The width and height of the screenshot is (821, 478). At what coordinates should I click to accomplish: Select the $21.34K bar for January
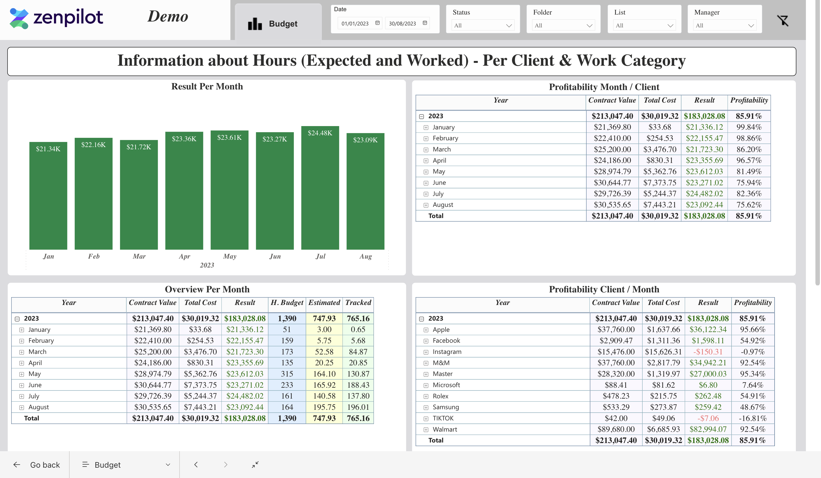point(48,195)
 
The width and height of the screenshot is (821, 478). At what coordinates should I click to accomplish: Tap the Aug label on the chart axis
point(365,256)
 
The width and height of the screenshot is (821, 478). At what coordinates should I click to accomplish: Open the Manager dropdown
point(724,25)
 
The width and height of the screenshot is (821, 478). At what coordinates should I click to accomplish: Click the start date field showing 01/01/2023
point(355,23)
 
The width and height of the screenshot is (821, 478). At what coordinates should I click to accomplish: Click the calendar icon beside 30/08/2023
point(425,23)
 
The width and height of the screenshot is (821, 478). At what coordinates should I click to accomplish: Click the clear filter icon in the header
point(783,20)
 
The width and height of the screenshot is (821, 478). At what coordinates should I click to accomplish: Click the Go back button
point(36,465)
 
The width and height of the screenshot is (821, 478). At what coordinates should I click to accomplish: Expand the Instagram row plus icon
point(426,352)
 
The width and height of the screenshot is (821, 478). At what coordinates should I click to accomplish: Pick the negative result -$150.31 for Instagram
point(708,352)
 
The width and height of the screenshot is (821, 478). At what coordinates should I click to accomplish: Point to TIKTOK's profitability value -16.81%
point(752,418)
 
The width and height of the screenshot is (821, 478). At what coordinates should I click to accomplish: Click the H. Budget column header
point(287,302)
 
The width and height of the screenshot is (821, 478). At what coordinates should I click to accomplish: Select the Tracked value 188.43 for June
point(358,385)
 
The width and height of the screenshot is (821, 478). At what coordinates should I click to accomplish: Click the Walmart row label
point(445,429)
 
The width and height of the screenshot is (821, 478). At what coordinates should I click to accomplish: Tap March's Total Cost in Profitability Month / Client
point(659,149)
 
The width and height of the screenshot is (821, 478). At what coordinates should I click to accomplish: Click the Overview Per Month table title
point(207,289)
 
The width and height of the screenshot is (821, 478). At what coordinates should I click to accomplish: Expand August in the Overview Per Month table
point(22,407)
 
